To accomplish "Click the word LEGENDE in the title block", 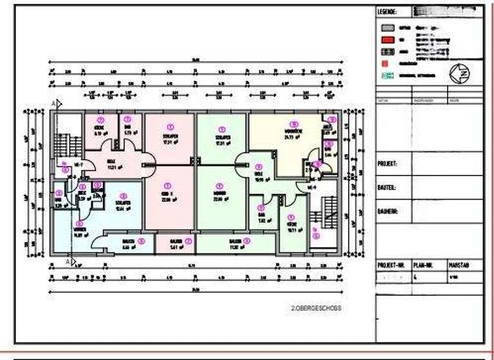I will [389, 12].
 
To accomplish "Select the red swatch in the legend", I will [386, 39].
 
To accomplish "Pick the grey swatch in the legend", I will [386, 29].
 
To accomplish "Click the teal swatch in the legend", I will [386, 75].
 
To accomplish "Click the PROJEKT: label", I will [387, 164].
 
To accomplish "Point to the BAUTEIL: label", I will [387, 188].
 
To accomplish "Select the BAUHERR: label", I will [387, 211].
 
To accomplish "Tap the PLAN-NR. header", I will [422, 264].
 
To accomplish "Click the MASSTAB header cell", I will [457, 264].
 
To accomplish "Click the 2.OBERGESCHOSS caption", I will [316, 308].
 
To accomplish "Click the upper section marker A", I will [54, 103].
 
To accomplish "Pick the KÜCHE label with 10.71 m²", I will [291, 227].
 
